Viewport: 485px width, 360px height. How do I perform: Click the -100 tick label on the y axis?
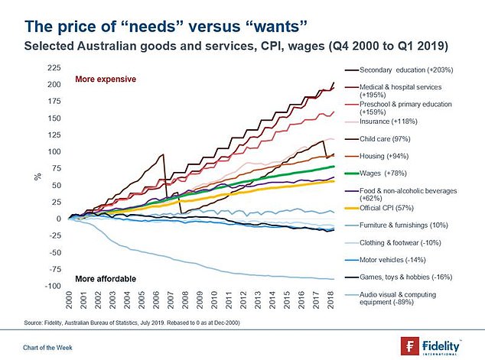click(x=52, y=286)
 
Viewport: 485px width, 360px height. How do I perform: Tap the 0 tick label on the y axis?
click(x=57, y=219)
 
